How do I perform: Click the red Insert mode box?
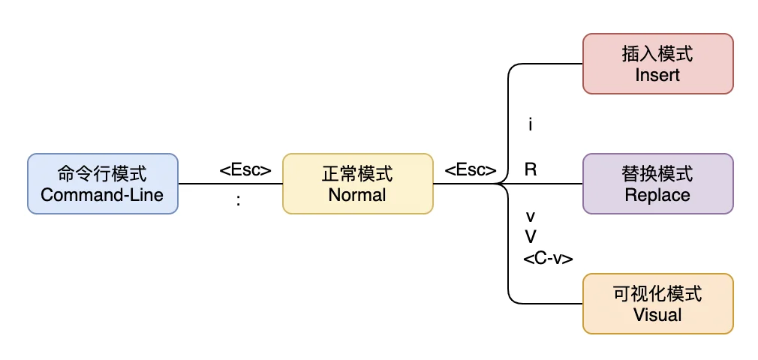tap(657, 64)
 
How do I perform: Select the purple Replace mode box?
tap(657, 184)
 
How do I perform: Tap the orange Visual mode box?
tap(657, 304)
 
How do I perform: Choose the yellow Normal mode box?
tap(357, 184)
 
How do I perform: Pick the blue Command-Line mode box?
tap(103, 184)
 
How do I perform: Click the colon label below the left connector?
tap(238, 201)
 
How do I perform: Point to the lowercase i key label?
tap(531, 125)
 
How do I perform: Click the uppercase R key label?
tap(531, 169)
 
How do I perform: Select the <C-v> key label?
tap(548, 259)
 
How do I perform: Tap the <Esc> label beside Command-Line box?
tap(245, 170)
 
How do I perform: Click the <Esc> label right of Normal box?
tap(471, 170)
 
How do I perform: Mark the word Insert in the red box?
tap(657, 75)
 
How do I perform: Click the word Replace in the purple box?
tap(657, 195)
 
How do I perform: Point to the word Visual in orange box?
tap(657, 314)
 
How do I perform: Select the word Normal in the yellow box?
tap(357, 195)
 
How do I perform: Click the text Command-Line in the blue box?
tap(102, 195)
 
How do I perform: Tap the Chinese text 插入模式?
tap(657, 54)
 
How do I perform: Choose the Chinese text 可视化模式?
tap(657, 294)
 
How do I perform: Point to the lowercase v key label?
tap(531, 216)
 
